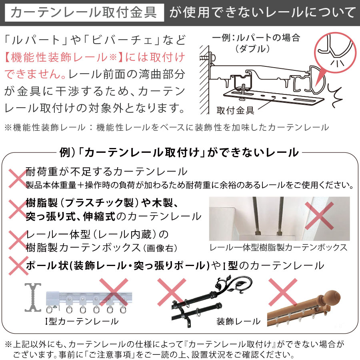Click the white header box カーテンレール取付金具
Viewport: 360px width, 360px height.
83,13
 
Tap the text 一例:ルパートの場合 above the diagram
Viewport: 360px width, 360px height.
256,38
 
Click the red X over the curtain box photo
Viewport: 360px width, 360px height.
319,215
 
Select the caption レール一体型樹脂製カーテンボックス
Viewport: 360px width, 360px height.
279,248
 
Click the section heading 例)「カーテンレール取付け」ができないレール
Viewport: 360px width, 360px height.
179,152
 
